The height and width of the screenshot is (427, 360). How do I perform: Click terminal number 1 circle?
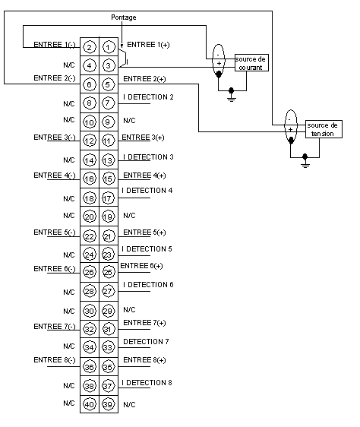click(x=108, y=47)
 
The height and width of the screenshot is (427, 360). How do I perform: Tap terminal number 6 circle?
click(x=89, y=84)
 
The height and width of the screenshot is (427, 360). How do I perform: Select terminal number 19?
click(x=108, y=217)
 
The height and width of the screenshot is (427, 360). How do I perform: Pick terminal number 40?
click(x=90, y=404)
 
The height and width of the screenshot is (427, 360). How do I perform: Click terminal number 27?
click(x=108, y=291)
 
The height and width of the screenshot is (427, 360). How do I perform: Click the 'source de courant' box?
click(x=251, y=62)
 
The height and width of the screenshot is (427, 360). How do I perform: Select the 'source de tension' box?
click(x=324, y=129)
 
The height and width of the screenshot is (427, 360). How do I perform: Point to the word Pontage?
click(x=124, y=17)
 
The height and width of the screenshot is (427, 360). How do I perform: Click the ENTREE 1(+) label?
click(x=148, y=44)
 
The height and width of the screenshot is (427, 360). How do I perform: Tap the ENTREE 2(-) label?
click(x=55, y=78)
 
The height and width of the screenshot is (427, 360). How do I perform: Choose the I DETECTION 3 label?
click(x=148, y=157)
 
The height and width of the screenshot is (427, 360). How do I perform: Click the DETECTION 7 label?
click(x=146, y=341)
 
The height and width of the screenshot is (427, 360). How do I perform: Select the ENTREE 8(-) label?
click(x=55, y=360)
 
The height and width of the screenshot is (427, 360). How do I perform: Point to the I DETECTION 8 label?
click(x=147, y=383)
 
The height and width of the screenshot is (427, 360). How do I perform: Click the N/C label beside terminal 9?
click(x=129, y=120)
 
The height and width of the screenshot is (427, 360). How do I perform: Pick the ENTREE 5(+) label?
click(x=144, y=232)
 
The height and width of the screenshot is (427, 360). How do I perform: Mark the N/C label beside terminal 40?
click(x=69, y=403)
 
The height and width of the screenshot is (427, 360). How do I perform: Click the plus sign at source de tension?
click(x=291, y=130)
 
